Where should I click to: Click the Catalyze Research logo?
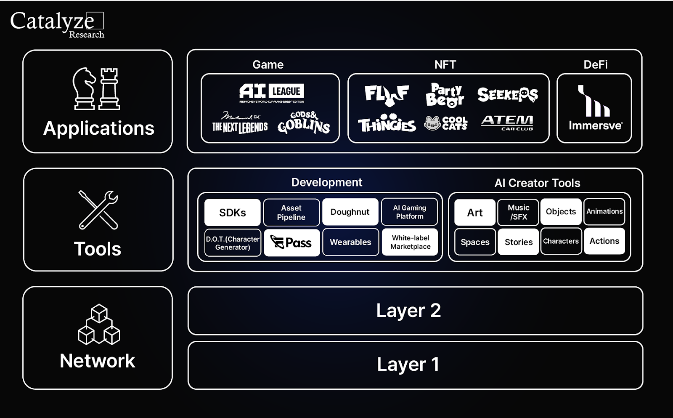pyautogui.click(x=57, y=24)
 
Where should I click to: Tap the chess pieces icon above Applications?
pyautogui.click(x=96, y=89)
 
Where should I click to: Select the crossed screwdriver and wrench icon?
pyautogui.click(x=98, y=210)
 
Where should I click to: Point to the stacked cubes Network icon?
pyautogui.click(x=99, y=325)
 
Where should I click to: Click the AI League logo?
pyautogui.click(x=272, y=93)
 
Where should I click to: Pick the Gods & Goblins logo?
pyautogui.click(x=304, y=122)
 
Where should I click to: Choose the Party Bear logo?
pyautogui.click(x=445, y=95)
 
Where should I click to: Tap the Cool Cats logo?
pyautogui.click(x=446, y=123)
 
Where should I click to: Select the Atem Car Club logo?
pyautogui.click(x=507, y=123)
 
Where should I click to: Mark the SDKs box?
pyautogui.click(x=232, y=213)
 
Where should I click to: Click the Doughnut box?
pyautogui.click(x=350, y=212)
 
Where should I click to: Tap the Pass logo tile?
pyautogui.click(x=291, y=242)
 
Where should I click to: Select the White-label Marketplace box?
pyautogui.click(x=410, y=242)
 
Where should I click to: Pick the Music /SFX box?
pyautogui.click(x=518, y=212)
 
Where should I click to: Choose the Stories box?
pyautogui.click(x=518, y=242)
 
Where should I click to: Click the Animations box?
pyautogui.click(x=604, y=212)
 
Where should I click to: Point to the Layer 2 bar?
pyautogui.click(x=415, y=311)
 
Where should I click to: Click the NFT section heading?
pyautogui.click(x=445, y=64)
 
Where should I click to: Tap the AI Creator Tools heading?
pyautogui.click(x=537, y=183)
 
